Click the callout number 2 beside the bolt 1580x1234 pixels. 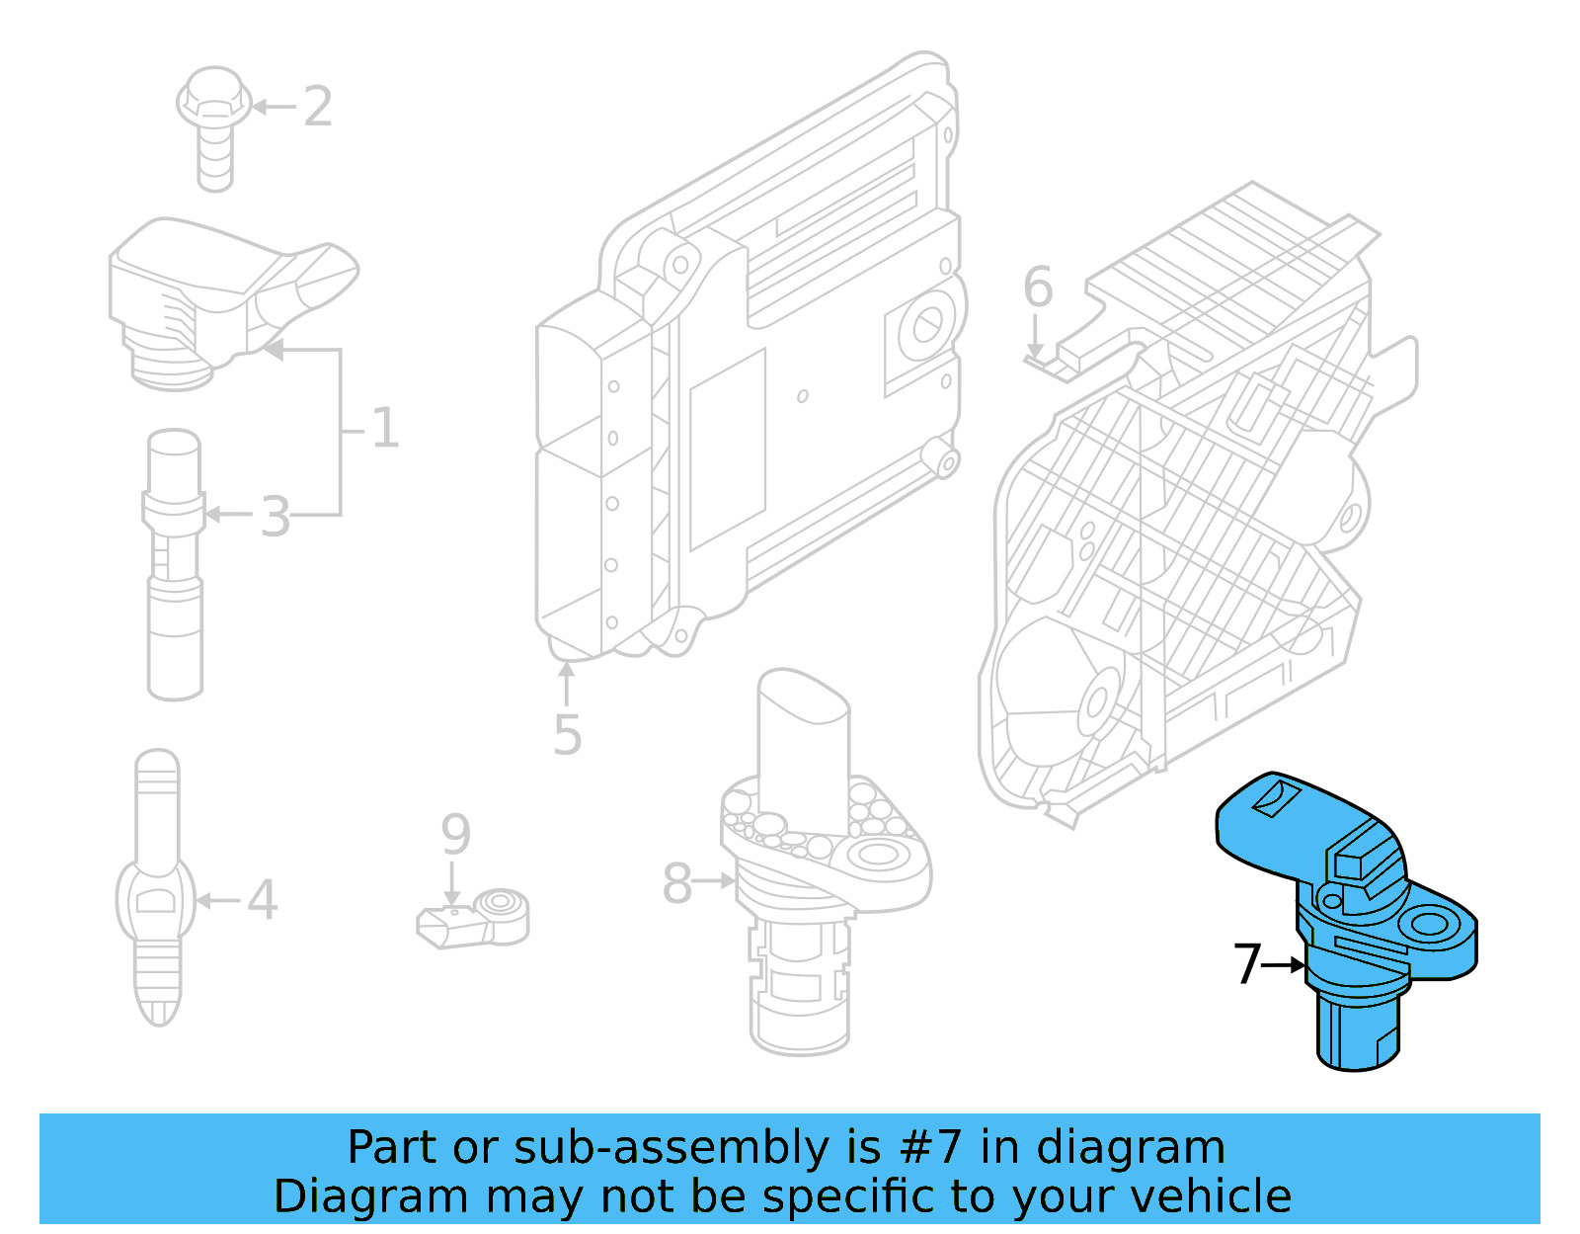pos(317,106)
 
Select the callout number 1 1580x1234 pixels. pos(384,429)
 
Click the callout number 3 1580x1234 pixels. pos(276,517)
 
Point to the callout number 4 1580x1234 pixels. pos(262,900)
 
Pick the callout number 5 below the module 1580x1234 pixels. pos(567,735)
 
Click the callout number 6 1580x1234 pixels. pos(1038,287)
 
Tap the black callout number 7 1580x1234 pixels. pos(1247,964)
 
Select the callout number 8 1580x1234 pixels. pos(676,883)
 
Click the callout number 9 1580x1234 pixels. pos(455,835)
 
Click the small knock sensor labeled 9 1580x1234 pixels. pos(474,918)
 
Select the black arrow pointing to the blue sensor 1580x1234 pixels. pos(1285,964)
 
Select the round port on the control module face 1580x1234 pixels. pos(927,325)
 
